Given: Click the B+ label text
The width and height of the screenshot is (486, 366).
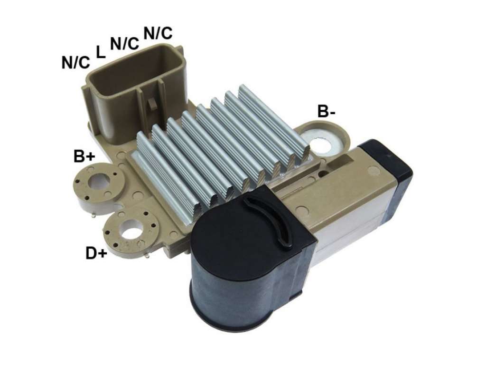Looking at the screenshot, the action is [x=84, y=156].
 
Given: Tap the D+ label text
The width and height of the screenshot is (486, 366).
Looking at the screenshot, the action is [x=96, y=254].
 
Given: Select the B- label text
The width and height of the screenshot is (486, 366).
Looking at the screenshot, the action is [x=326, y=111].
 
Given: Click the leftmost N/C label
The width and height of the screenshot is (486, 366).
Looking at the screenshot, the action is [x=76, y=62].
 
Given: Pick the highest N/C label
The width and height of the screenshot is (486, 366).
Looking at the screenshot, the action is [x=158, y=33].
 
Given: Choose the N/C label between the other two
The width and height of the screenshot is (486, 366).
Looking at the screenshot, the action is [x=124, y=44].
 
